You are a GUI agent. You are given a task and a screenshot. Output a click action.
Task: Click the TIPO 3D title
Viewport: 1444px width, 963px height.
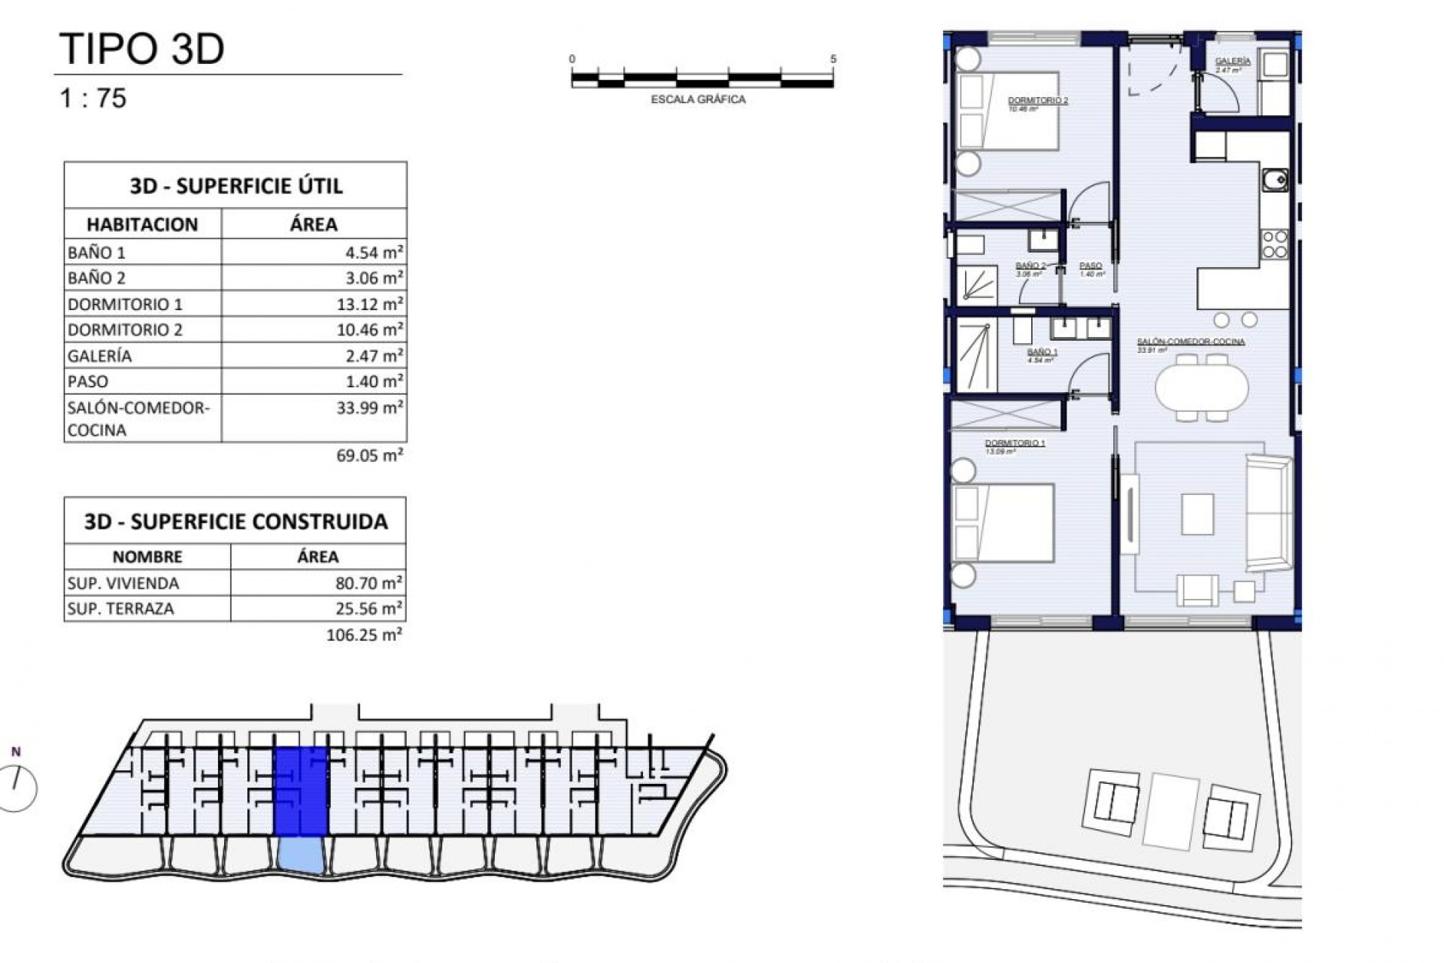click(141, 50)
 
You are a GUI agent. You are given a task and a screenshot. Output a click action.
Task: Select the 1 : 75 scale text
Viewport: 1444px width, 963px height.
click(93, 99)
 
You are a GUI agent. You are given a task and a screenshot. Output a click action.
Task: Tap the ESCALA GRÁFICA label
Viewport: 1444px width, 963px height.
click(698, 99)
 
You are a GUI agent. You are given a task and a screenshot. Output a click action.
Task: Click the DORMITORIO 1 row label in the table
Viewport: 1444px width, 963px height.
click(125, 304)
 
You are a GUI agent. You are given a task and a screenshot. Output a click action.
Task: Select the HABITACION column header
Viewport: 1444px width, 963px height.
click(142, 224)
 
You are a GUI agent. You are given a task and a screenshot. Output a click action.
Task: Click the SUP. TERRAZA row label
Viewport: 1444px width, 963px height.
click(120, 609)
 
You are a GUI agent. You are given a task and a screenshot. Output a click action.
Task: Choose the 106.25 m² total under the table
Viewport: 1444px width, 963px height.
click(364, 635)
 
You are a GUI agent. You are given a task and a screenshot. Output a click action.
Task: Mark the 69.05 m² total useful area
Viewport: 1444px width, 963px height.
click(369, 455)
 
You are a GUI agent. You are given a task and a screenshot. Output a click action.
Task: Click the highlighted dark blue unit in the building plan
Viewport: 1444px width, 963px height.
click(301, 791)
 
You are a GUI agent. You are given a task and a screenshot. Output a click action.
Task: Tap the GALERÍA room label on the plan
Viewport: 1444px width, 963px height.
click(1233, 62)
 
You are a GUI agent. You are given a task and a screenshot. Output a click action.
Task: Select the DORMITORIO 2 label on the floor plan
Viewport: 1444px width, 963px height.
click(1038, 101)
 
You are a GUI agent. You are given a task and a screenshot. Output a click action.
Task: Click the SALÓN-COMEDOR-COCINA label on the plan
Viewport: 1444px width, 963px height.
click(1191, 342)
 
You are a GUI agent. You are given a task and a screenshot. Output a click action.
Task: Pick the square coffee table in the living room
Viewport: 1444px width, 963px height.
click(1197, 514)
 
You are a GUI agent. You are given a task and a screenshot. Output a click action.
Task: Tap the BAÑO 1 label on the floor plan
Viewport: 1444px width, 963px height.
click(1042, 352)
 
